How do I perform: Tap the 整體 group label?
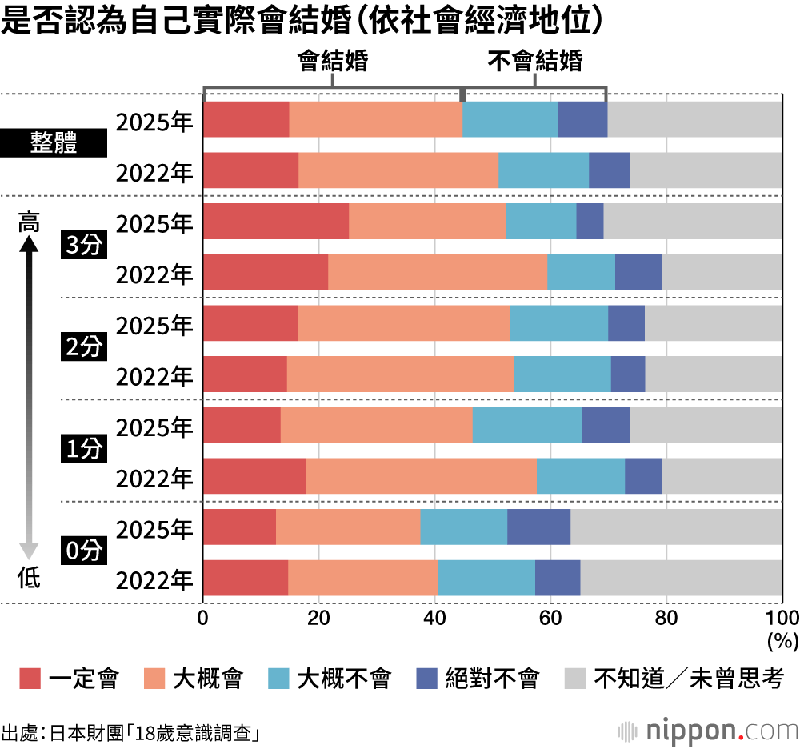[x=54, y=144]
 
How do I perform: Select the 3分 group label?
[x=84, y=246]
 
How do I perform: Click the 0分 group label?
[x=84, y=552]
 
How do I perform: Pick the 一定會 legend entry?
[x=69, y=679]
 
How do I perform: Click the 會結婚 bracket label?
[x=333, y=62]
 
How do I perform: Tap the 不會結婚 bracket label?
[x=535, y=62]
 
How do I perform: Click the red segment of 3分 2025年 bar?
[x=276, y=221]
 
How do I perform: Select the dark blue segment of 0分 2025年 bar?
[x=538, y=527]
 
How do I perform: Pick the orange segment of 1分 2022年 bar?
[x=421, y=476]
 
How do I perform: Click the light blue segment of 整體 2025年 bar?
[x=510, y=119]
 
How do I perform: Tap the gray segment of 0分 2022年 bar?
[x=681, y=578]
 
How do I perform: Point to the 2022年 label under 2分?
[x=154, y=377]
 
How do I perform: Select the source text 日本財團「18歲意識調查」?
[x=155, y=732]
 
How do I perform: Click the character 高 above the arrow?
[x=29, y=222]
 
